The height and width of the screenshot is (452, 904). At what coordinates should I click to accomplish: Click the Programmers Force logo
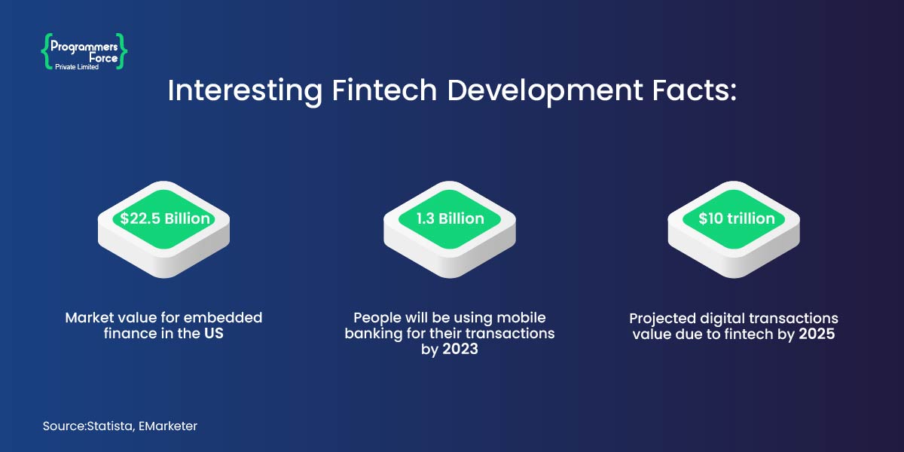coord(84,52)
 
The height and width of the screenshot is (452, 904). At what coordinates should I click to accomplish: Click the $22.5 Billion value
coord(163,218)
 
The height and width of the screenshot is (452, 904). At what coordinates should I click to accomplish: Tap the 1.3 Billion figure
coord(450,218)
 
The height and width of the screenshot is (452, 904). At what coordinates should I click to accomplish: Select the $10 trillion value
coord(736,218)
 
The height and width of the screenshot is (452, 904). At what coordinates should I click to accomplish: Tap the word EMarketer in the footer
coord(169,426)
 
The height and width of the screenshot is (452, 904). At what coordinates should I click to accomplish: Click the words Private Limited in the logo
coord(77,67)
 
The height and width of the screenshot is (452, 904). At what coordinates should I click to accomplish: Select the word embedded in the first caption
coord(230,317)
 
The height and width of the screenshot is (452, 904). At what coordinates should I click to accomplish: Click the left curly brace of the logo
coord(46,50)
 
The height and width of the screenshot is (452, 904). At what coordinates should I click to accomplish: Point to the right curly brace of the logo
coord(123,50)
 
